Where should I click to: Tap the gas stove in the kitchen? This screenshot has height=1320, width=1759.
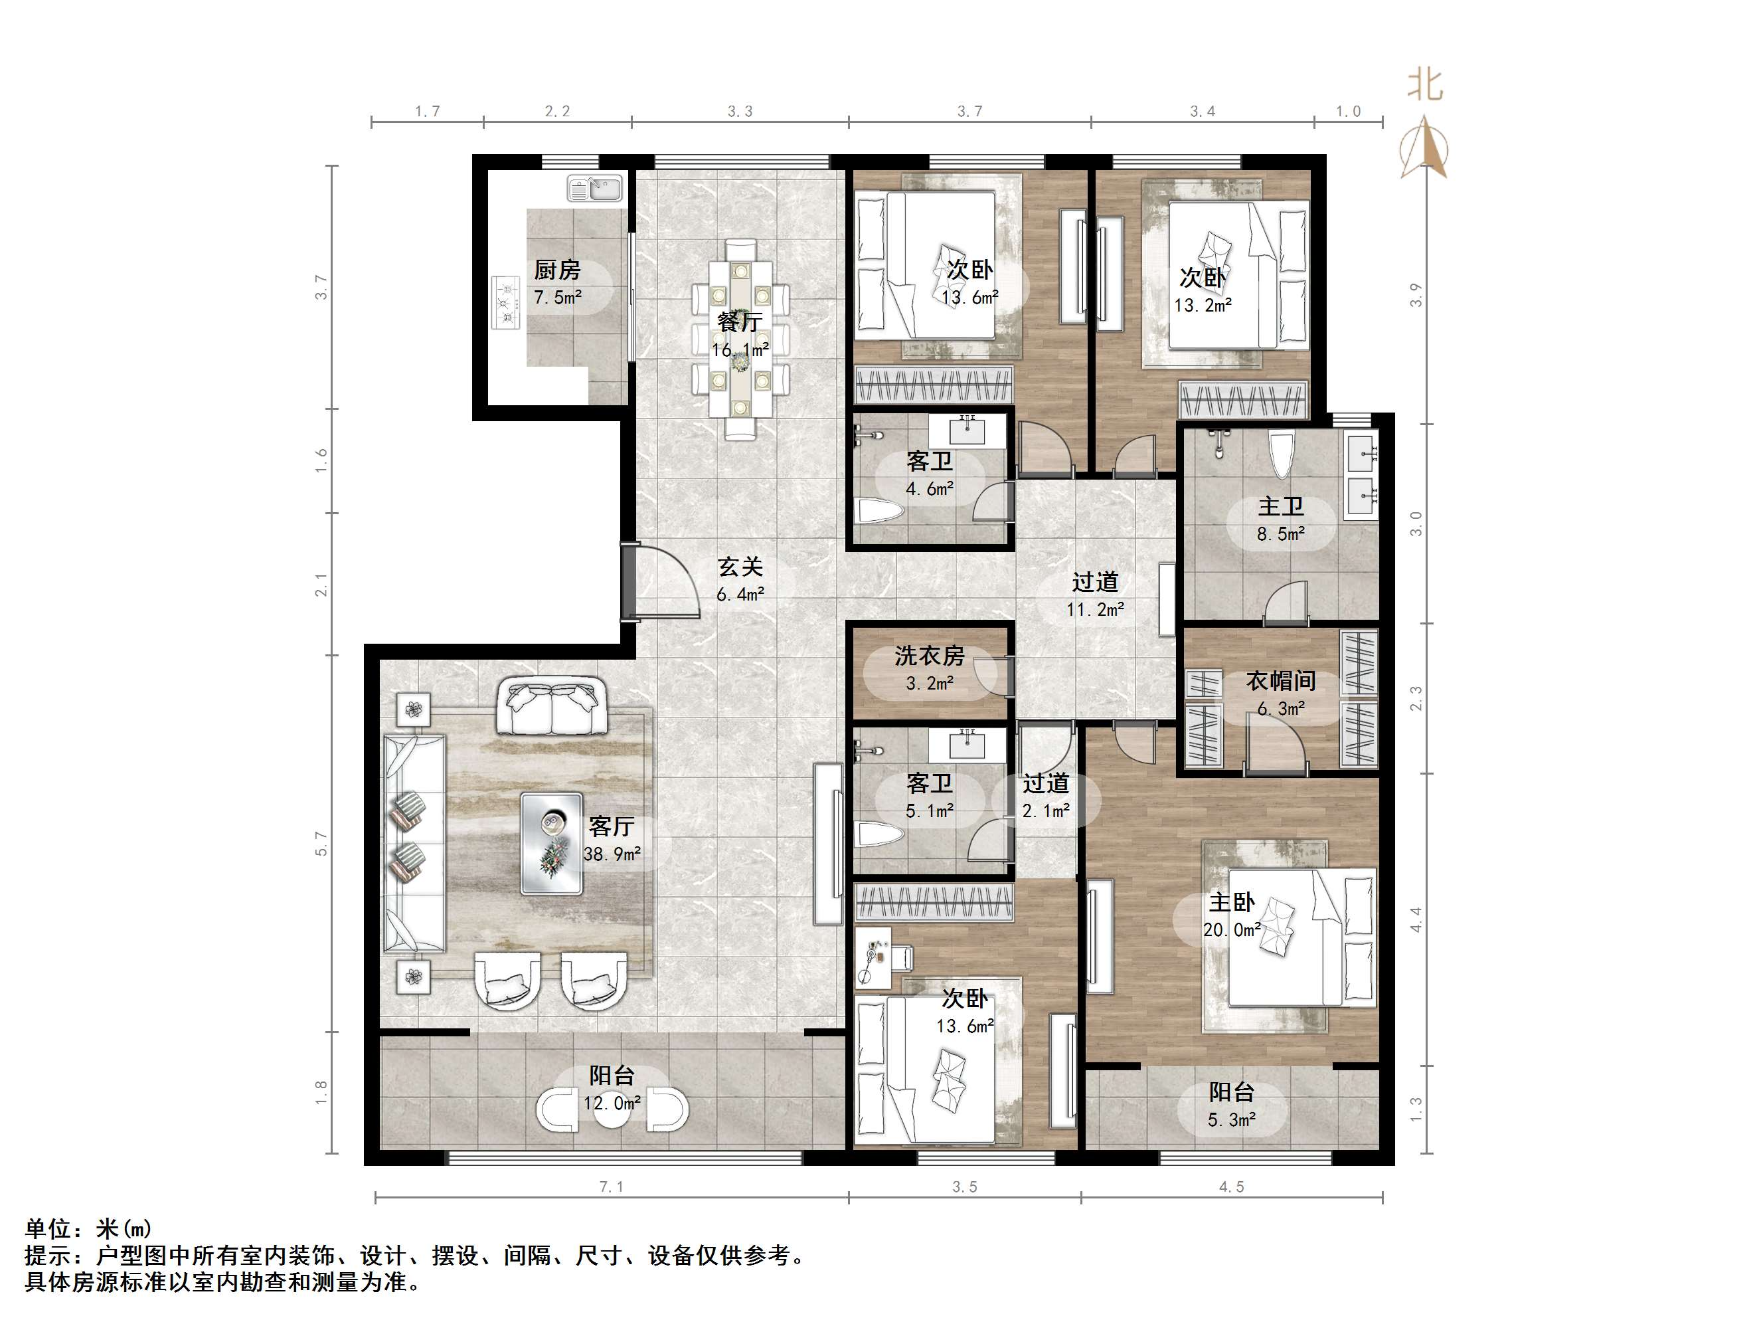click(x=504, y=302)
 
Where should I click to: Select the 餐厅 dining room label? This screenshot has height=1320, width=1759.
click(x=740, y=322)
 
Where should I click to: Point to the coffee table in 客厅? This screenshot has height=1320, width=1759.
click(x=552, y=844)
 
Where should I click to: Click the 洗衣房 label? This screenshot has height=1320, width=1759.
click(x=929, y=656)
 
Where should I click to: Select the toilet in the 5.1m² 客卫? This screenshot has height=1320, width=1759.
click(x=879, y=834)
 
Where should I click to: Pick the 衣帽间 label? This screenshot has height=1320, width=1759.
click(x=1280, y=680)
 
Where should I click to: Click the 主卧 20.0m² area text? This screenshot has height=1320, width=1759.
click(x=1232, y=929)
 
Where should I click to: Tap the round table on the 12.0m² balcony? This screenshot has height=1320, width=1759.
click(x=612, y=1111)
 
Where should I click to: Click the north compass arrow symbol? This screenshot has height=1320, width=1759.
click(x=1424, y=148)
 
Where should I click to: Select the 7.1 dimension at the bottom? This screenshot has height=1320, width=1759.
click(x=611, y=1186)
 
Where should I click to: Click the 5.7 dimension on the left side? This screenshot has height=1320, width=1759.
click(x=321, y=844)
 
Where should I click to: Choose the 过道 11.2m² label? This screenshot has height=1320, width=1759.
click(x=1095, y=595)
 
